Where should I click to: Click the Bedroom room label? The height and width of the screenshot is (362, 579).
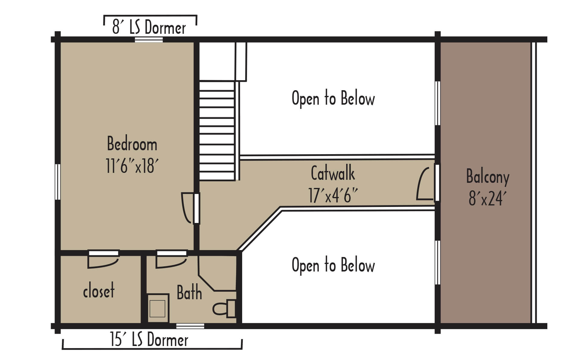coord(132,144)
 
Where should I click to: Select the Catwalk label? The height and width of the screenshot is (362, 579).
coord(333,173)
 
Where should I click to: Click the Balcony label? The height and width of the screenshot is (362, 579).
coord(488,177)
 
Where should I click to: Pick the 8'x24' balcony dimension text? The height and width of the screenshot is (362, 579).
coord(487,198)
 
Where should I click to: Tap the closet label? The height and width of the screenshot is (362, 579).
coord(99,291)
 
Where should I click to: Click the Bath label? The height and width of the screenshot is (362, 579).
coord(189,292)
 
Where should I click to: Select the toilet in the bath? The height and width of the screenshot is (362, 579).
coord(224,309)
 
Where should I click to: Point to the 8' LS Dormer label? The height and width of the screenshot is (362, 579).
coord(149,27)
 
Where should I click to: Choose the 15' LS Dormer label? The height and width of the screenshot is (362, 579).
coord(149,339)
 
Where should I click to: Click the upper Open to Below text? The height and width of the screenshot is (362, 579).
coord(333,98)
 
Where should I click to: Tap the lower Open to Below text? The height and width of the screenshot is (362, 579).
coord(333,265)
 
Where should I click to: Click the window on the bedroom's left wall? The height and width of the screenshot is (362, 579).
coord(57,182)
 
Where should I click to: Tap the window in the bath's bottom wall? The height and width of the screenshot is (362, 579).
coord(190,326)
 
